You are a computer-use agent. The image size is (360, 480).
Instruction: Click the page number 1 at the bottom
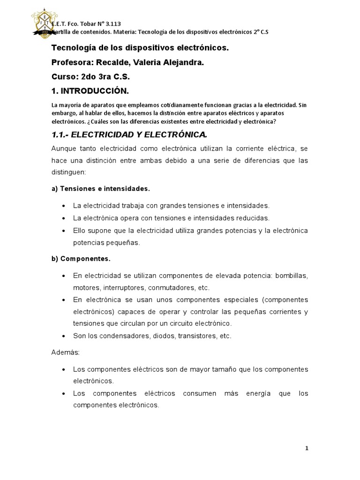[x=307, y=448]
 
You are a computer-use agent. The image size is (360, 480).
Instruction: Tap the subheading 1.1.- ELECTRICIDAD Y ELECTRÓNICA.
[x=129, y=135]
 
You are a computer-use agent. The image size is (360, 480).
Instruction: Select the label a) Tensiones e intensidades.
[x=100, y=188]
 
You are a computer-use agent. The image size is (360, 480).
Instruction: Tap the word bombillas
[x=292, y=275]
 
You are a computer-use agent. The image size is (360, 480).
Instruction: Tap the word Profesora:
[x=74, y=62]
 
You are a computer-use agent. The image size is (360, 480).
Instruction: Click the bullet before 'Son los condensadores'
[x=63, y=336]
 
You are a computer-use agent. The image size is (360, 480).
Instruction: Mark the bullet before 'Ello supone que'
[x=63, y=231]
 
